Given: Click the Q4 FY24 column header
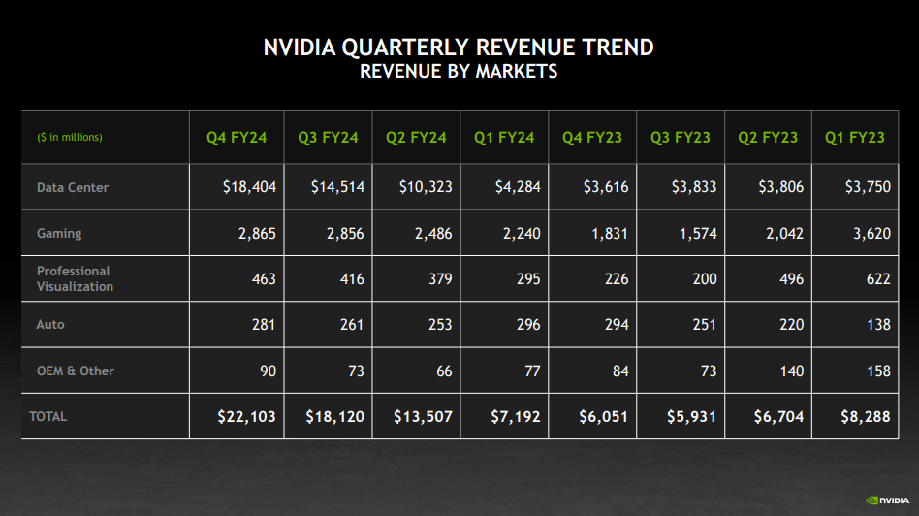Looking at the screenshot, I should pos(236,138).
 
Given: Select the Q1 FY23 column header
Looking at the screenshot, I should pos(854,138).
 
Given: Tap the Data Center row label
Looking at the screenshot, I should pos(73,187).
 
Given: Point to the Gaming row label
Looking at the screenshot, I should pos(59,233).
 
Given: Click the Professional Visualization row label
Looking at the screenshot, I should pos(75,278).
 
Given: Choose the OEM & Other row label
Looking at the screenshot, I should pos(76,371).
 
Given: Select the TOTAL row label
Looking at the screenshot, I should pos(48,416).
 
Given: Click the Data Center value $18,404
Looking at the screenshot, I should pos(248,187).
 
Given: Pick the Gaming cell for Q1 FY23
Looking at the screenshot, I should pos(871,233).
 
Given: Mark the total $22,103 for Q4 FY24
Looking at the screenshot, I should pos(246,417).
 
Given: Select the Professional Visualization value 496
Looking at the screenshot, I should pos(790,278).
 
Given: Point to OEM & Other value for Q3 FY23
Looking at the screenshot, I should pos(703,371).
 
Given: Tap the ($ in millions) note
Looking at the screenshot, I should pos(70,138).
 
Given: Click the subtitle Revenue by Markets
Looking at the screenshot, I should pos(459,72).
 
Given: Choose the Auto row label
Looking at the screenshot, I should pos(50,325).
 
